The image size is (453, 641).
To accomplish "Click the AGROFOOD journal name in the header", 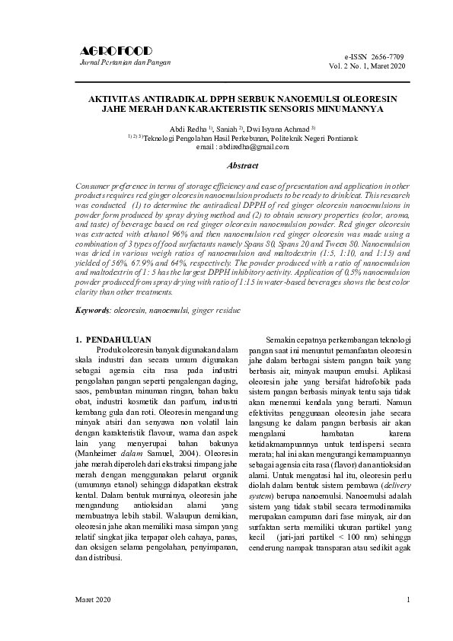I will [x=116, y=51].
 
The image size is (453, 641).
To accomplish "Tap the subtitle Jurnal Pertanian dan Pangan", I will [x=125, y=62].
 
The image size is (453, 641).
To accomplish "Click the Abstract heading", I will [x=243, y=165].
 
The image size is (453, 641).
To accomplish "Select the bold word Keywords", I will [x=92, y=311].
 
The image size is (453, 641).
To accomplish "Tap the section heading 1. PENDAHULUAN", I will [x=119, y=339].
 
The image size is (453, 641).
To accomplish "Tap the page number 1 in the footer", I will [x=408, y=601].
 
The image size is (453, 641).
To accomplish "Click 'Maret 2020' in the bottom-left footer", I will [x=93, y=601].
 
